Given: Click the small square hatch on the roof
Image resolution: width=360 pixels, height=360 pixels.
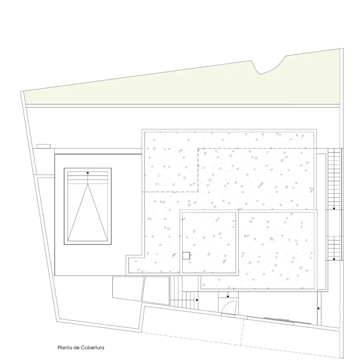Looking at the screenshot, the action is point(186,256).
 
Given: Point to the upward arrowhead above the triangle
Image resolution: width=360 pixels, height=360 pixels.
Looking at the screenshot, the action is point(88,172).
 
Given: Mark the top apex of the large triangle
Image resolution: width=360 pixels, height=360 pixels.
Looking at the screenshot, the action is point(88,184).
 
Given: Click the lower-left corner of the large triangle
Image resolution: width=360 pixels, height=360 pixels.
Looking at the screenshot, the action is point(68,241).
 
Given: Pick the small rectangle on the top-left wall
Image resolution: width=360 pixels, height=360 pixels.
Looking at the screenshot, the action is point(43,146).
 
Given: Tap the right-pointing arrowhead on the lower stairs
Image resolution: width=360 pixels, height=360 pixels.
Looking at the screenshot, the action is point(197,300).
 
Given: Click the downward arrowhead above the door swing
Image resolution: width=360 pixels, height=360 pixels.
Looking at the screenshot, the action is point(228,297).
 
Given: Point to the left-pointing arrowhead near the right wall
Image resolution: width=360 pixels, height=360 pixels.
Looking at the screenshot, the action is point(318,308).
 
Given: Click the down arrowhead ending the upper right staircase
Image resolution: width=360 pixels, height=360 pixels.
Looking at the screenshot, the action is point(334,209).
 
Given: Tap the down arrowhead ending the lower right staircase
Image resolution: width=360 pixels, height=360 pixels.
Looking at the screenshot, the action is point(334,259).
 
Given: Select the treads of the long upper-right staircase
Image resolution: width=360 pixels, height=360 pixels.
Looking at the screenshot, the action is point(334,179).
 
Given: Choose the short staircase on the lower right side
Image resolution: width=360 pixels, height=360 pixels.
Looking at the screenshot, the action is point(334,248).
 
